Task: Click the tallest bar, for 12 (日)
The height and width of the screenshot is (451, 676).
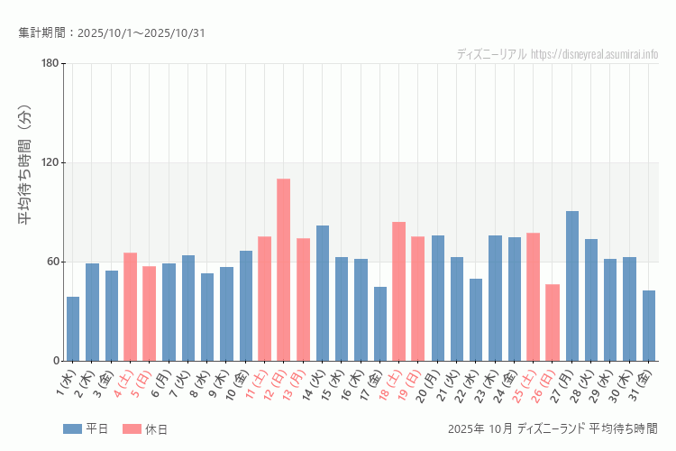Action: tap(283, 270)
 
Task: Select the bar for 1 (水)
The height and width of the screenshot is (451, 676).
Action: tap(73, 328)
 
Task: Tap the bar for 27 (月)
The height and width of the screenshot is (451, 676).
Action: tap(571, 286)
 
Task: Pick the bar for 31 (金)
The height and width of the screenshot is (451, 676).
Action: tap(649, 326)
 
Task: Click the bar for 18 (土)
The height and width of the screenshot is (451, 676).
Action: tap(398, 291)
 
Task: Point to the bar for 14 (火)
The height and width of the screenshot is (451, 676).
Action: tap(322, 293)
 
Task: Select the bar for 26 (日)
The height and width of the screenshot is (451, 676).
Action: tap(553, 322)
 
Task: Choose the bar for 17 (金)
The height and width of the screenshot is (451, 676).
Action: tap(379, 324)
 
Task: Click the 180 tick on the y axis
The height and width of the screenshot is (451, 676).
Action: tap(50, 63)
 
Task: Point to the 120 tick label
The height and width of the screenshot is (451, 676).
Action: tap(50, 162)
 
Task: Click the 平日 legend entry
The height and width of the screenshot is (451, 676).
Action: tap(86, 429)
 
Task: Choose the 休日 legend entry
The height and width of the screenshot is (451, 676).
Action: tap(145, 429)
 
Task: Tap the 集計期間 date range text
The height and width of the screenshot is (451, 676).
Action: tap(112, 33)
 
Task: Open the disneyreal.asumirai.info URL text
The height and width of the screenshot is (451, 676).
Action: tap(594, 54)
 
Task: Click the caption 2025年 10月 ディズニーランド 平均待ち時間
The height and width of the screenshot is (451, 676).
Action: tap(553, 429)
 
